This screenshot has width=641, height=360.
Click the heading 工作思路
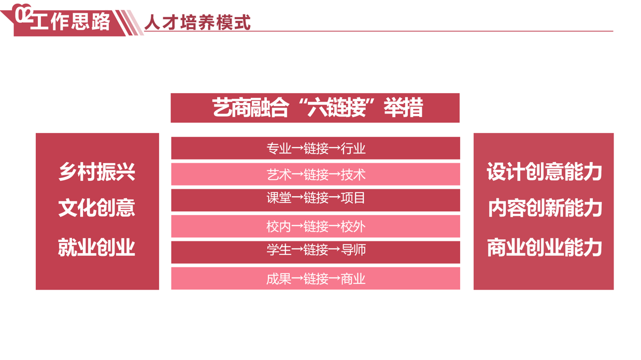(x=70, y=21)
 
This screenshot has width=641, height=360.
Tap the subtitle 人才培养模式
(x=197, y=22)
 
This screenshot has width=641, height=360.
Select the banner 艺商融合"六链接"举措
(x=315, y=108)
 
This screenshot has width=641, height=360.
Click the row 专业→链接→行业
(x=316, y=148)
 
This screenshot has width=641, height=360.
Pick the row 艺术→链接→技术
(x=316, y=174)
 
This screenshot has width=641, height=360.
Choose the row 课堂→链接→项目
(x=316, y=200)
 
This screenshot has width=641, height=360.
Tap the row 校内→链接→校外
(x=316, y=226)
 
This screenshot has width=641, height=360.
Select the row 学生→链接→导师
(x=316, y=252)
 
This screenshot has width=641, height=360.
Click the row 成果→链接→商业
(x=316, y=278)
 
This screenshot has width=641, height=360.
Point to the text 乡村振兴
(x=97, y=171)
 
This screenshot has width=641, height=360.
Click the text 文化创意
(x=97, y=208)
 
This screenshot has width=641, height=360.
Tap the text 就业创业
(x=97, y=248)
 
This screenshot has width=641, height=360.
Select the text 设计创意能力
(x=544, y=171)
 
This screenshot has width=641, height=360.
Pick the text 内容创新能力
(x=545, y=208)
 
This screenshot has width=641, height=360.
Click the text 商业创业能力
(x=544, y=248)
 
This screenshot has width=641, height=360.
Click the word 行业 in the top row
(x=353, y=149)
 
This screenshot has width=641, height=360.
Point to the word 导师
(x=353, y=250)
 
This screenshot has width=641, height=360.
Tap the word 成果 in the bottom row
(x=279, y=279)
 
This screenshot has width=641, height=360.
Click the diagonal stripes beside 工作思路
(x=130, y=23)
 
